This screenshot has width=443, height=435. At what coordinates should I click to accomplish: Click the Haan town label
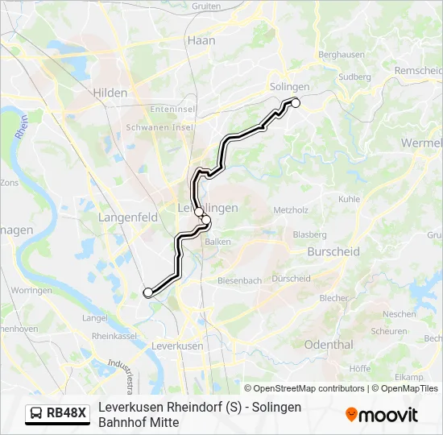click(x=200, y=39)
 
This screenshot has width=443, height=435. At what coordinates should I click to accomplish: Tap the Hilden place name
click(x=110, y=93)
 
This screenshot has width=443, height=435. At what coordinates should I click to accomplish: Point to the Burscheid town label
click(x=333, y=251)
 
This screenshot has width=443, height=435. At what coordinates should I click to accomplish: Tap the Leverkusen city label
click(x=177, y=345)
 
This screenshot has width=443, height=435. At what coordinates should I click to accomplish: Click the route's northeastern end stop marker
click(x=296, y=102)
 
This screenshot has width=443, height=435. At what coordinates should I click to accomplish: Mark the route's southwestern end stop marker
click(x=147, y=292)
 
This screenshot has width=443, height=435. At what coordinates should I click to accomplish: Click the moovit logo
click(x=382, y=415)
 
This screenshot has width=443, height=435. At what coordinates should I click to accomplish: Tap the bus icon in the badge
click(x=37, y=414)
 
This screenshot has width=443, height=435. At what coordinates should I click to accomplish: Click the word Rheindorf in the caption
click(x=182, y=407)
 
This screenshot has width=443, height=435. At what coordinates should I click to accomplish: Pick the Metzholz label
click(x=291, y=210)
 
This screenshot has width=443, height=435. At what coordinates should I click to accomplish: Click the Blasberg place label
click(x=309, y=234)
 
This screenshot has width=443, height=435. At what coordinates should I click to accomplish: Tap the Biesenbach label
click(x=239, y=281)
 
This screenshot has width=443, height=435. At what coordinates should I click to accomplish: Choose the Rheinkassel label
click(x=111, y=336)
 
